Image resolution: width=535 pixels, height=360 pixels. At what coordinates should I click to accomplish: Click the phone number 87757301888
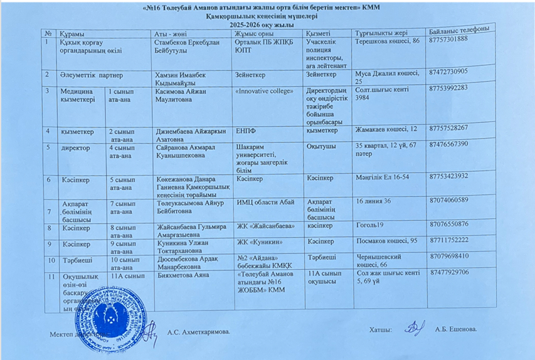tap(448, 38)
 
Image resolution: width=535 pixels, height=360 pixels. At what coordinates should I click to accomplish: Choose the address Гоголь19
tap(369, 224)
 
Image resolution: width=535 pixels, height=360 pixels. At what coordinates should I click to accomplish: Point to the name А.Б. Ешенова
tap(456, 329)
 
